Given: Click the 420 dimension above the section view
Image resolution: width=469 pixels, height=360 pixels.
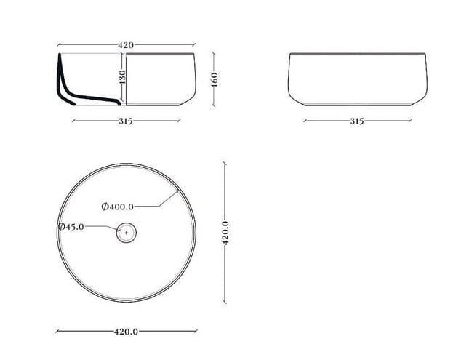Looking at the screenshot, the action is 126,45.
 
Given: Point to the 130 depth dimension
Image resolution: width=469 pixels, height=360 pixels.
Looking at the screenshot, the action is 122,76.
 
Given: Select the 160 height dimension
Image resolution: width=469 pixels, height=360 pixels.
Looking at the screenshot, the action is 215,79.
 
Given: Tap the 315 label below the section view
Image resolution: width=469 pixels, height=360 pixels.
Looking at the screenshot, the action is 125,121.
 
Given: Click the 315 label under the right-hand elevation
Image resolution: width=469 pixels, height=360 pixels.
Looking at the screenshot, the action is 357,121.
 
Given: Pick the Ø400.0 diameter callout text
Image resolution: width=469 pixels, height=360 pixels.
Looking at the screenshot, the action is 118,207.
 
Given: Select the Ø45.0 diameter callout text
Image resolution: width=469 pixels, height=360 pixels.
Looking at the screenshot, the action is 71,227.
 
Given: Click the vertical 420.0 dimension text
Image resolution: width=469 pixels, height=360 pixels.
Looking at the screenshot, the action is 225,233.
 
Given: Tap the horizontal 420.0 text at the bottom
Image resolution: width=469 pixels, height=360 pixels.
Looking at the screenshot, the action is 126,332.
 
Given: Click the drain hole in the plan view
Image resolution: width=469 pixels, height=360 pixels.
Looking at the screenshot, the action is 127,233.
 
